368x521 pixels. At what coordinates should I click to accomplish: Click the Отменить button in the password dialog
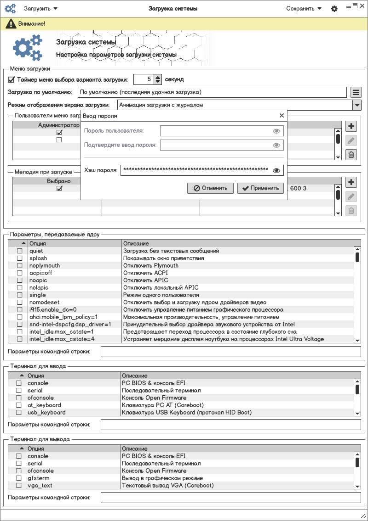tap(210, 188)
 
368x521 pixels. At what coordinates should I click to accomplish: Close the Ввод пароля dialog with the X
tap(282, 116)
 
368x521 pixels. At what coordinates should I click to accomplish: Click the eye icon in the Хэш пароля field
tap(276, 170)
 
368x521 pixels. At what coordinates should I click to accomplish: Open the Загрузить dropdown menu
tap(40, 8)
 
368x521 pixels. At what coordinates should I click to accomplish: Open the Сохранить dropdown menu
tap(304, 8)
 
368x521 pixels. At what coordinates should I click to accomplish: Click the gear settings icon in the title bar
tap(334, 9)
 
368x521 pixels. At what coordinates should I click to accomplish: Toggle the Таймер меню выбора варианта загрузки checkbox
tap(11, 79)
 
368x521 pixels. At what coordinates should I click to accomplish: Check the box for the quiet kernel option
tap(20, 251)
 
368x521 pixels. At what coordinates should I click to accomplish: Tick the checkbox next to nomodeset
tap(20, 303)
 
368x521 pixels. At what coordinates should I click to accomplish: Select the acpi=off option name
tap(41, 273)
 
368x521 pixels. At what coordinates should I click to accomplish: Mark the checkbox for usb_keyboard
tap(19, 413)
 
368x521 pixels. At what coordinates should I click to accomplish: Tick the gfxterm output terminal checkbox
tap(19, 478)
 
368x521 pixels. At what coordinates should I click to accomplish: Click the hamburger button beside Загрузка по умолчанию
tap(356, 92)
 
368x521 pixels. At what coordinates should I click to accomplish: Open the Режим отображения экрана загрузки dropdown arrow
tap(356, 105)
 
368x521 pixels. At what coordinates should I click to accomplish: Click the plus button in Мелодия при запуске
tap(351, 182)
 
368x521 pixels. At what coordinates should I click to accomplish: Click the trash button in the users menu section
tap(351, 155)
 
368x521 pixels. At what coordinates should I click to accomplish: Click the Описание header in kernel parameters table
tap(136, 243)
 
